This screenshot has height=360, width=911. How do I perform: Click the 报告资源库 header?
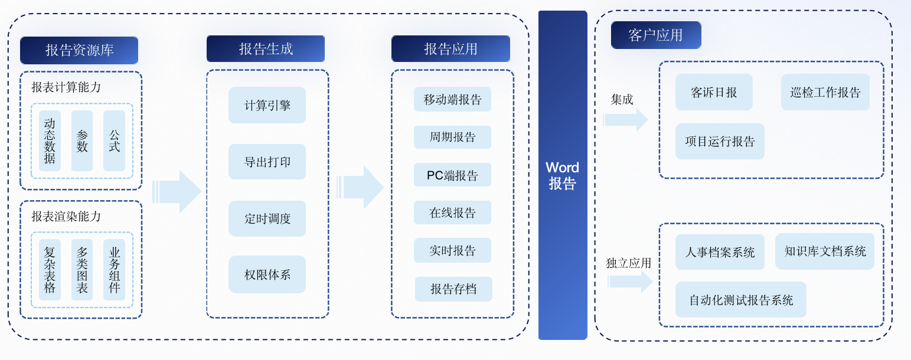pyautogui.click(x=79, y=50)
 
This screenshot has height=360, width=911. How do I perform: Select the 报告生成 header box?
pyautogui.click(x=266, y=49)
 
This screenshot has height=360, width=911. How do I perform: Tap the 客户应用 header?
pyautogui.click(x=656, y=35)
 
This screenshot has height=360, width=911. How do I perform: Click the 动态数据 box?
pyautogui.click(x=50, y=140)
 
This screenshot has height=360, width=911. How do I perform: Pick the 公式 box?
pyautogui.click(x=114, y=140)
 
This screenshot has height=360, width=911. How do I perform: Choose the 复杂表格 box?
pyautogui.click(x=50, y=270)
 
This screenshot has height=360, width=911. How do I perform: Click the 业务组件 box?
pyautogui.click(x=114, y=270)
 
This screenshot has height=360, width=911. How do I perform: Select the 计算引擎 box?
pyautogui.click(x=267, y=105)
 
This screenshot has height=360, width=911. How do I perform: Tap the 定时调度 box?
pyautogui.click(x=267, y=218)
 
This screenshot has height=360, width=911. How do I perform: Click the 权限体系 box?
pyautogui.click(x=267, y=274)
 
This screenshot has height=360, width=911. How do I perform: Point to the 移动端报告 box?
pyautogui.click(x=452, y=99)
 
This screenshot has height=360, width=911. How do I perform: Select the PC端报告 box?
pyautogui.click(x=452, y=175)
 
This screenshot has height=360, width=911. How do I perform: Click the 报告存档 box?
pyautogui.click(x=453, y=289)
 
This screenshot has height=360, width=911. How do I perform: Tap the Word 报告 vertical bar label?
pyautogui.click(x=563, y=175)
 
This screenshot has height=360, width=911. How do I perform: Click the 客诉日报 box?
pyautogui.click(x=714, y=92)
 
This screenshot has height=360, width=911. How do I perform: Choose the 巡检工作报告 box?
pyautogui.click(x=825, y=92)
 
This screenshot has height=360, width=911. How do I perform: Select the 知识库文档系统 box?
pyautogui.click(x=825, y=251)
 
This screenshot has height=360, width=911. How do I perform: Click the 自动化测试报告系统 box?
pyautogui.click(x=741, y=300)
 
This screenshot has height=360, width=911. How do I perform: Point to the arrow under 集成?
pyautogui.click(x=625, y=120)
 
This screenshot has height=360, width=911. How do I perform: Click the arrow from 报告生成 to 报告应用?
pyautogui.click(x=360, y=187)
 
